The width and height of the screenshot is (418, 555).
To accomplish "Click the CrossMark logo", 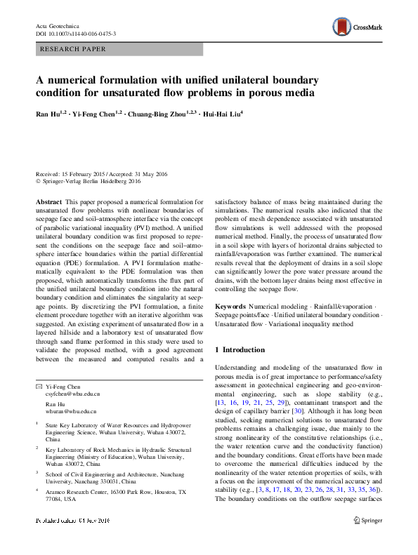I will click(x=357, y=26).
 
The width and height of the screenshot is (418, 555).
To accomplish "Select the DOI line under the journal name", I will click(x=76, y=34).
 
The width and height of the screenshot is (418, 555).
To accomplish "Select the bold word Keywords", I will click(x=230, y=307).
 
